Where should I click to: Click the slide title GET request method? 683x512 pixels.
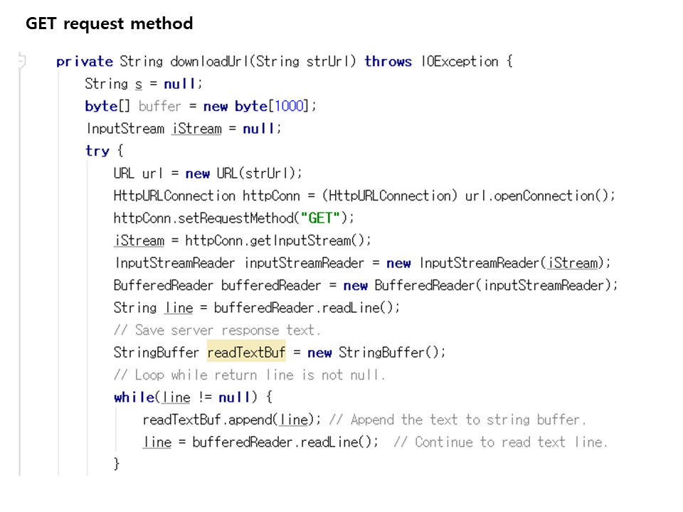point(109,23)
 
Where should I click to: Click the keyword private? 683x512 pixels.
point(84,61)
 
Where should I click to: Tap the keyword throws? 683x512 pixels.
point(388,61)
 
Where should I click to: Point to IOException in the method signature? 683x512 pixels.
point(460,61)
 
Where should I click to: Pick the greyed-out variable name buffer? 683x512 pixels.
point(160,106)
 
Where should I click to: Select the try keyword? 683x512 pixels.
point(97,151)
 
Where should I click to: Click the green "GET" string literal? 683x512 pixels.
point(320,218)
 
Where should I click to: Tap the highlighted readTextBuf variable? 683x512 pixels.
point(246,352)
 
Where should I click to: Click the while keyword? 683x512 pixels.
point(134,397)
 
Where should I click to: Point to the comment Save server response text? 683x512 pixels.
point(217,330)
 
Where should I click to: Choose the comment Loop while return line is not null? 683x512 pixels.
point(249,375)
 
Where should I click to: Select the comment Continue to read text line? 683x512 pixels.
point(500,442)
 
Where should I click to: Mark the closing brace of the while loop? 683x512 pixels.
point(117,464)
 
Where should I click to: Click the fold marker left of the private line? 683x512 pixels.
point(21,61)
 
